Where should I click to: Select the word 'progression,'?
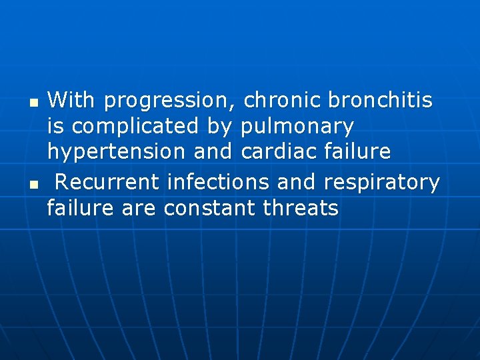[170, 101]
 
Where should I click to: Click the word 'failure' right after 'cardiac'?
[359, 151]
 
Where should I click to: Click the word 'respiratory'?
[381, 183]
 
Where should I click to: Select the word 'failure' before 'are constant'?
[81, 209]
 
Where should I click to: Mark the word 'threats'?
[301, 209]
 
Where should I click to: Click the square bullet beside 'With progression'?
[33, 104]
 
